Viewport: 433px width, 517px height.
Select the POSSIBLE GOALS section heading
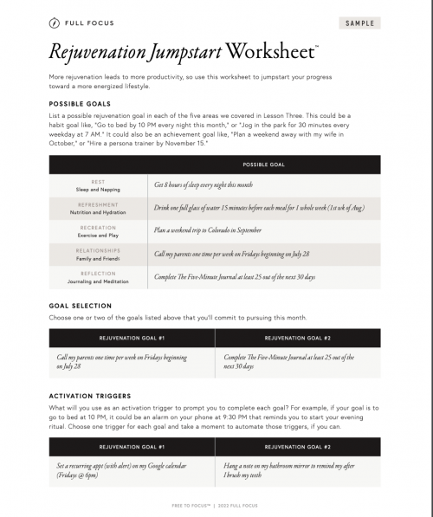tap(86, 126)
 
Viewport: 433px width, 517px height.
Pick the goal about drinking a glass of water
tap(260, 208)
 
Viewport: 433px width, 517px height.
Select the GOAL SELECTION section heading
tap(81, 306)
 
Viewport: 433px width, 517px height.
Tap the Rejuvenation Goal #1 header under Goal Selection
tap(132, 338)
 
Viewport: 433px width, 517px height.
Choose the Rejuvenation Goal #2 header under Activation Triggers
tap(297, 447)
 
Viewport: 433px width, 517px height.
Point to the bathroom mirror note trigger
tap(290, 470)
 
